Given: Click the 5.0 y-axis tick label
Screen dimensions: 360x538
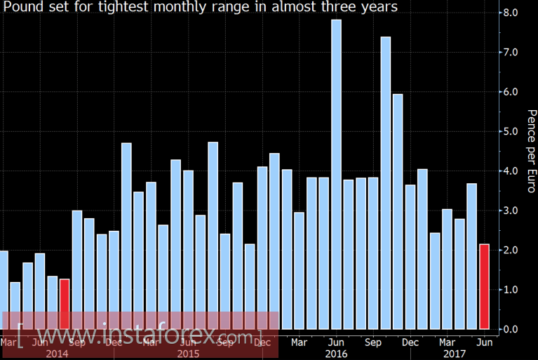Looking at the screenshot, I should [x=510, y=131].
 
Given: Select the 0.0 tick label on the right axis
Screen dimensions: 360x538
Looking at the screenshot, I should [x=510, y=329].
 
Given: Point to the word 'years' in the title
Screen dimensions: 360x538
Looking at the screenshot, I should [x=379, y=8].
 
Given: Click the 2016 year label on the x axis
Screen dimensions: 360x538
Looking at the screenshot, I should [x=337, y=354].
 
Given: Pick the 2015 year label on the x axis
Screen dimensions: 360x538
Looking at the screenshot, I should [x=188, y=354].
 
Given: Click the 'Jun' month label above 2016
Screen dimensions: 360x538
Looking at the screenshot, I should [x=336, y=342].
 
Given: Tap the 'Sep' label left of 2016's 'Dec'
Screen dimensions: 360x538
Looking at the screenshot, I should [x=373, y=342].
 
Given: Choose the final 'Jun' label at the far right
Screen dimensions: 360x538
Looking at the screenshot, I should [x=484, y=342].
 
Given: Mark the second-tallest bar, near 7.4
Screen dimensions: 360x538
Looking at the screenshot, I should [x=385, y=182].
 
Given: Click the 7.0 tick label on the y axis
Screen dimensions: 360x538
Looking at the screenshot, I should [x=510, y=53].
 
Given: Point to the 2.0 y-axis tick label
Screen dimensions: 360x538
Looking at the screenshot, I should [x=510, y=251].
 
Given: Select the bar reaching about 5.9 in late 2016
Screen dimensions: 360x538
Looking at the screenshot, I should [x=398, y=211].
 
